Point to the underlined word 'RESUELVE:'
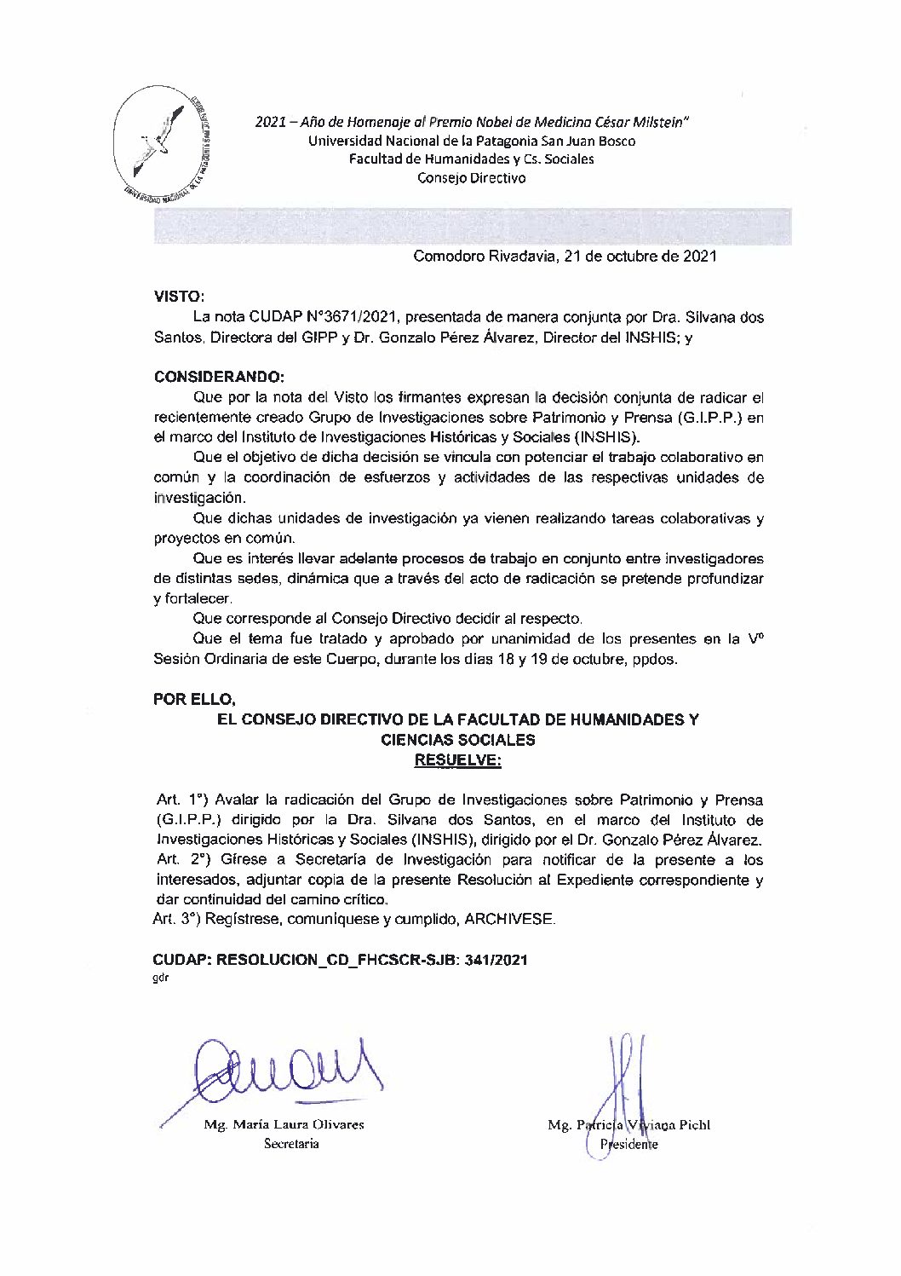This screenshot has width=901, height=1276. tap(457, 760)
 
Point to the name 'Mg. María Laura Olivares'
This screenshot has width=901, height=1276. tap(284, 1125)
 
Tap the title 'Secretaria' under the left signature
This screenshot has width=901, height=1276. tap(291, 1144)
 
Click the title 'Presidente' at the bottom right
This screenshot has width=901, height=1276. tap(629, 1145)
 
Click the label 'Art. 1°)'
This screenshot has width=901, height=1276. tap(182, 800)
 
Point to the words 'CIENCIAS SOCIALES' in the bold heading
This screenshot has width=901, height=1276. tap(457, 740)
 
